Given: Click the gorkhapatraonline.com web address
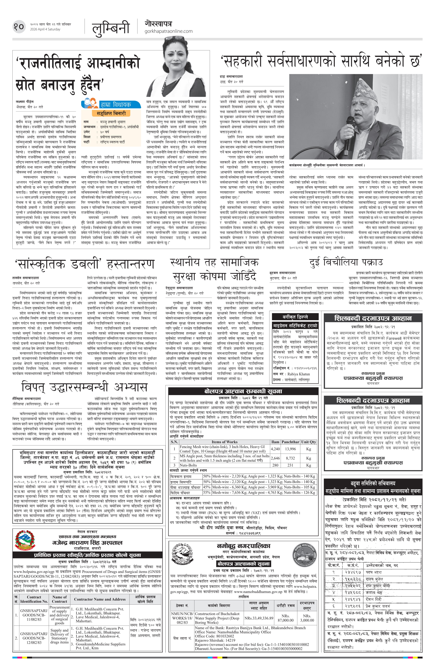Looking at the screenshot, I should [168, 31].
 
